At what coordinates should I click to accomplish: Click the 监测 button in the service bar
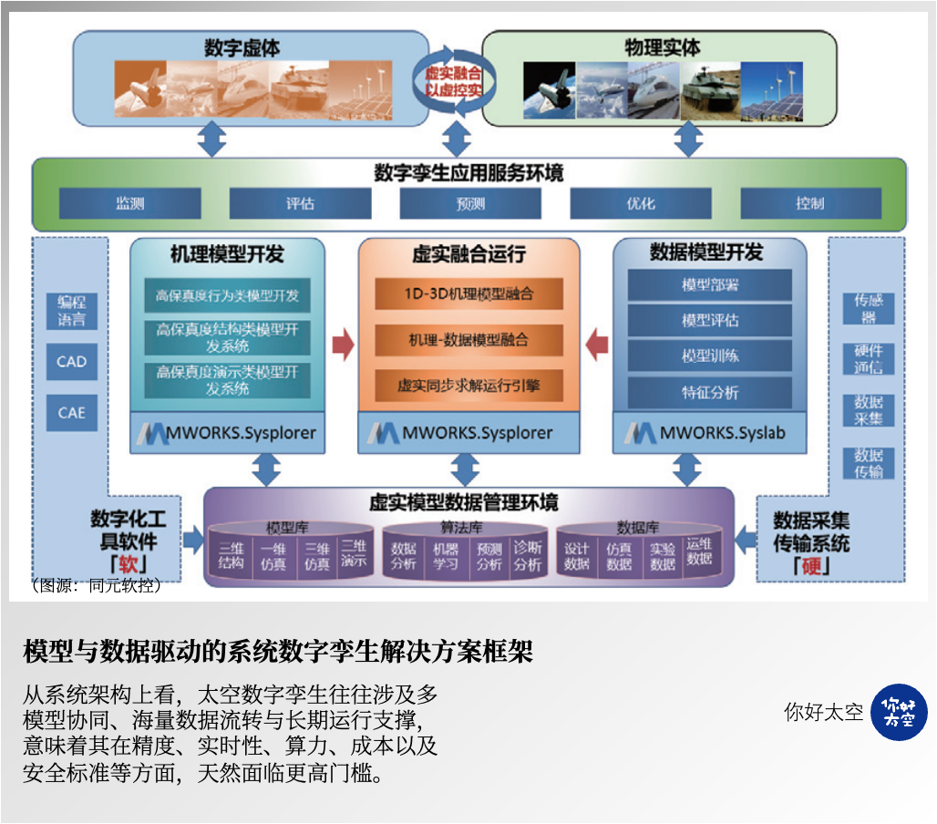click(129, 203)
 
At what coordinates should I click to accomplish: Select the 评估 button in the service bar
click(300, 203)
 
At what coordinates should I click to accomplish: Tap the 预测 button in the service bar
click(470, 203)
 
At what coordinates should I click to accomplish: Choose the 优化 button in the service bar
click(641, 203)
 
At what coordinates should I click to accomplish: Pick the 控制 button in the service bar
click(810, 203)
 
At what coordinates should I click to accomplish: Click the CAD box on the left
click(71, 362)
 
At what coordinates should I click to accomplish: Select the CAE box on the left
click(71, 413)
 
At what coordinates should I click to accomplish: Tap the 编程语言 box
click(71, 311)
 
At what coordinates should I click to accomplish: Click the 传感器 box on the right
click(868, 308)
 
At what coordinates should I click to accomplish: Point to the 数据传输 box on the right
click(868, 463)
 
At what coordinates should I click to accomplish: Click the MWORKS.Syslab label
click(708, 433)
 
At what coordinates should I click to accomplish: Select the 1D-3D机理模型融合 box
click(468, 294)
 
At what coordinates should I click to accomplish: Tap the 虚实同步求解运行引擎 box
click(468, 386)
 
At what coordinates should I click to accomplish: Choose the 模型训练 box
click(710, 355)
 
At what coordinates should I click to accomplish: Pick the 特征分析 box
click(710, 393)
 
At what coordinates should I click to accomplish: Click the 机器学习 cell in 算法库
click(446, 556)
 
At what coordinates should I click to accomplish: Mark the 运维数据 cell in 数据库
click(699, 551)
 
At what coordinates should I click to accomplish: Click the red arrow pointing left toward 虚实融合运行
click(597, 344)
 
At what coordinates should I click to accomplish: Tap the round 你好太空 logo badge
click(899, 712)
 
